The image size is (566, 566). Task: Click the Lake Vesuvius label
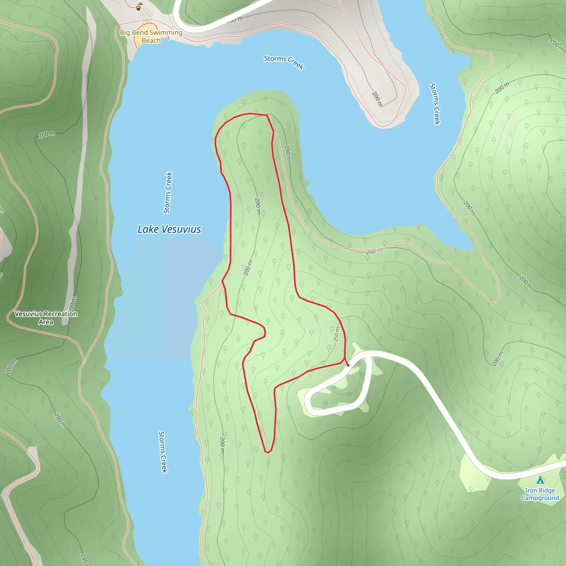[169, 229]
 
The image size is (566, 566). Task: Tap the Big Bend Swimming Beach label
[151, 36]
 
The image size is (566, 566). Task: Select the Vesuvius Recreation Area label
[46, 318]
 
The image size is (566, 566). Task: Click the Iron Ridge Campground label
[540, 494]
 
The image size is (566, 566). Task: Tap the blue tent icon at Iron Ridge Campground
[540, 480]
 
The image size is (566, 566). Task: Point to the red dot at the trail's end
[348, 365]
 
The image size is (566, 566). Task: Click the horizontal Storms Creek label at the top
[284, 62]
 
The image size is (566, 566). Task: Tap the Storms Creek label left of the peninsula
[168, 192]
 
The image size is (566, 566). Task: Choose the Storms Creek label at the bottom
[163, 452]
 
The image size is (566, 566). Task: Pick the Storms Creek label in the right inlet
[435, 104]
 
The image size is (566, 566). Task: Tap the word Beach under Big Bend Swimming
[151, 41]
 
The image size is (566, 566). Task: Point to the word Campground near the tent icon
[540, 498]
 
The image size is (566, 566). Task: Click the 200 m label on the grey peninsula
[377, 99]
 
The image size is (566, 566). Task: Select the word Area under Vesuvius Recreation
[46, 322]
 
